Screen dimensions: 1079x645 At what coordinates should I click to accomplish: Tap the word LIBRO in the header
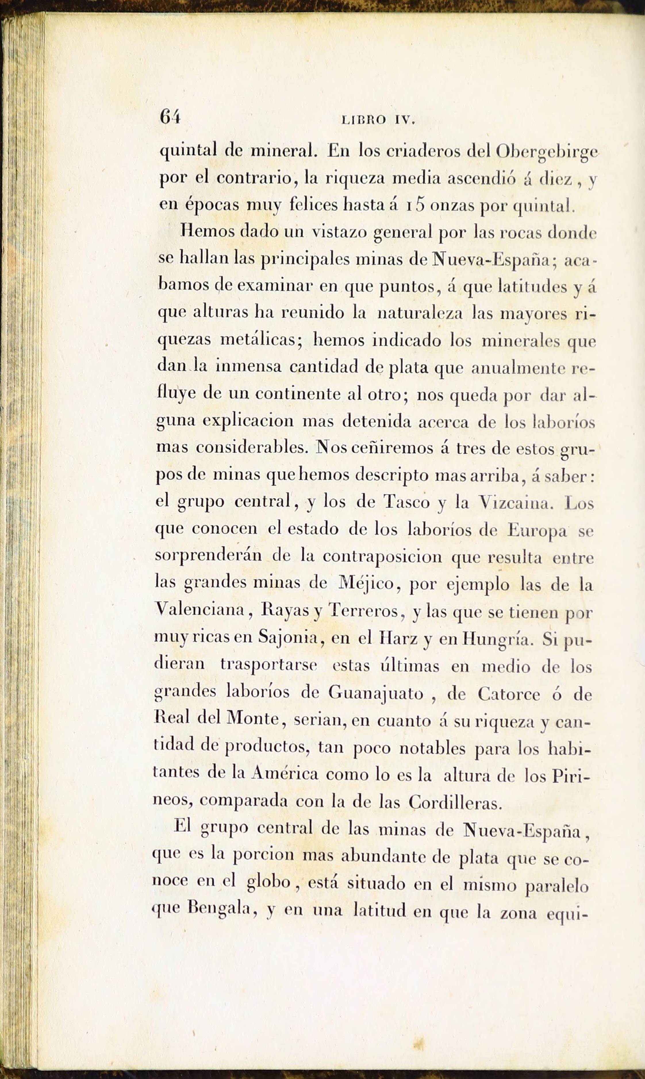[x=364, y=120]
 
